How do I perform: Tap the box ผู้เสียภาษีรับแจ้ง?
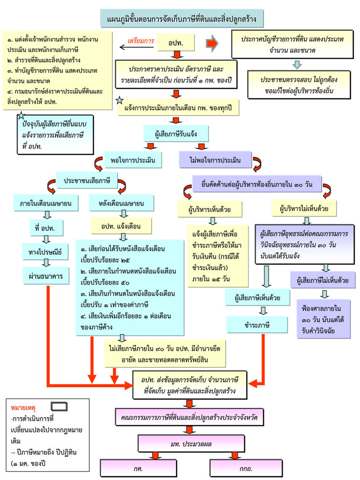tap(177, 133)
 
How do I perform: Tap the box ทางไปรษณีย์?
tap(46, 250)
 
